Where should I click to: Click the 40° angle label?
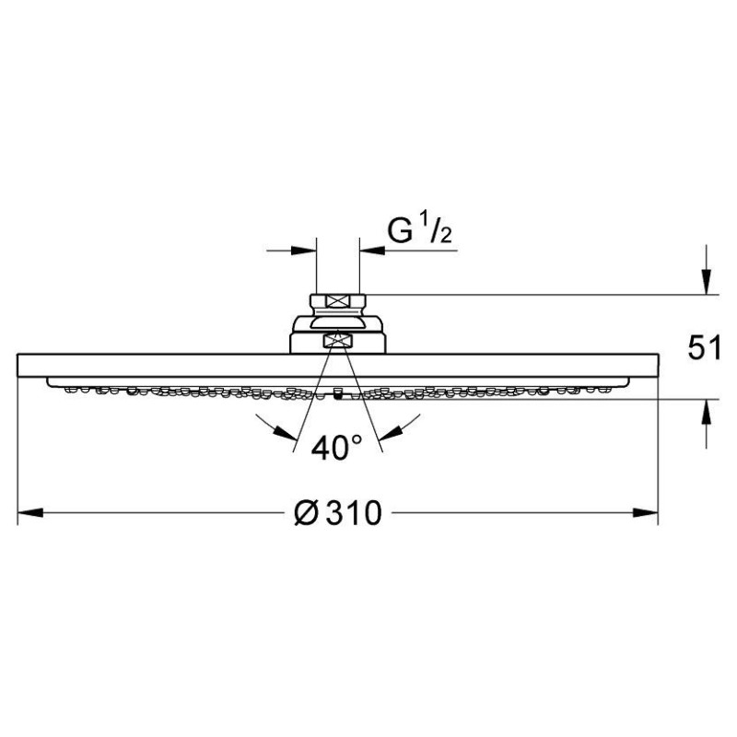(x=336, y=447)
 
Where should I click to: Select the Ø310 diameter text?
(x=337, y=512)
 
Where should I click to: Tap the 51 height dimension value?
(x=704, y=348)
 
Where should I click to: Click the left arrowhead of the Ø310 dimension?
(x=30, y=513)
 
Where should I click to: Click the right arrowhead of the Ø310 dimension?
(x=645, y=513)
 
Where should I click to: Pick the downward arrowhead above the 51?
(x=706, y=282)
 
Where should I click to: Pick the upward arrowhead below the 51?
(x=706, y=412)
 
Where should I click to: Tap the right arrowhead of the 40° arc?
(x=390, y=433)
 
